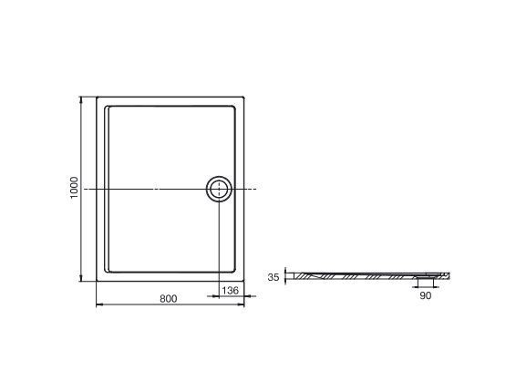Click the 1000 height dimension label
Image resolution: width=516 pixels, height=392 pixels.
(75, 189)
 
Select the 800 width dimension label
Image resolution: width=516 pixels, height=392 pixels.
(168, 299)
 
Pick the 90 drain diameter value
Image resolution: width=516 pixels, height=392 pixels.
(426, 295)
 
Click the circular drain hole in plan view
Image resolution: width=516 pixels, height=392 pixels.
(219, 189)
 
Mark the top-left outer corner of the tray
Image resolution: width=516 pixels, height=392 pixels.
(97, 96)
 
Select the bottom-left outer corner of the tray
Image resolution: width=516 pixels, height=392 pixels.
(97, 282)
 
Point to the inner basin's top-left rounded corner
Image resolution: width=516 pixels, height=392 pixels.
(109, 108)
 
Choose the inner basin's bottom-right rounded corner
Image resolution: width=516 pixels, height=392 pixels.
(235, 270)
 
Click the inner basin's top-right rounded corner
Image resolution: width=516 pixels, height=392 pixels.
(235, 108)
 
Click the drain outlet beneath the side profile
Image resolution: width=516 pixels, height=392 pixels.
(426, 279)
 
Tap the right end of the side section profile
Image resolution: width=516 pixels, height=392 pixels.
(450, 273)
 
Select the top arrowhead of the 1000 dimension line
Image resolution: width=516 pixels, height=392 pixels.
(85, 98)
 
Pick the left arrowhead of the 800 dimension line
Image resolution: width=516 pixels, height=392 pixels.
(98, 306)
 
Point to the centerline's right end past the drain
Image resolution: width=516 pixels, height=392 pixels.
(257, 189)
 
